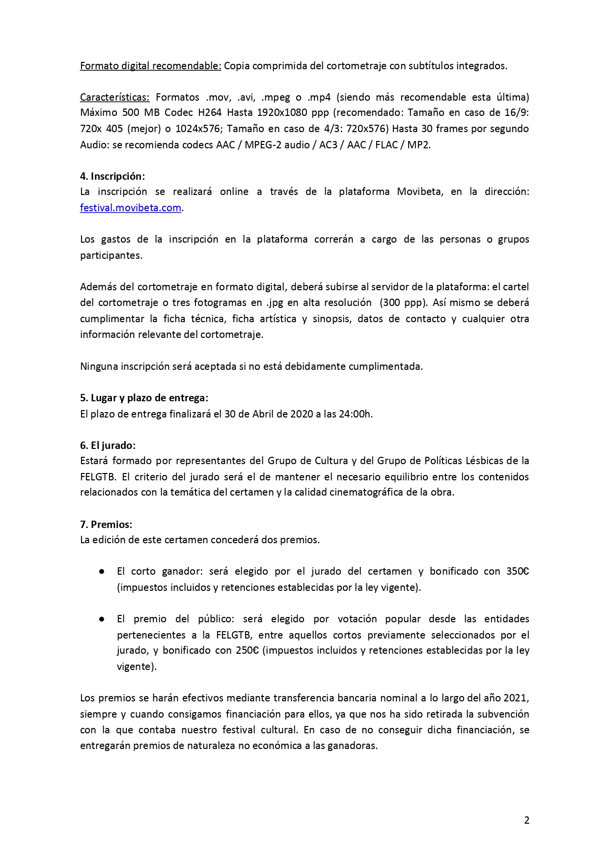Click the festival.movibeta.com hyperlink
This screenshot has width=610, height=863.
pos(131,208)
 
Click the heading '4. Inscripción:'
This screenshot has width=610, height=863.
pos(112,176)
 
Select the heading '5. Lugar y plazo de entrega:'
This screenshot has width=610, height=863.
pos(144,398)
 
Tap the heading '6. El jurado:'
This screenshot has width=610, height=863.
pos(108,445)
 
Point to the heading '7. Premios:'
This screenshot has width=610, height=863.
pos(106,525)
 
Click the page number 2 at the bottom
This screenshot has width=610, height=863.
pos(527,820)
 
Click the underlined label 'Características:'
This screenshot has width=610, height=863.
pos(114,97)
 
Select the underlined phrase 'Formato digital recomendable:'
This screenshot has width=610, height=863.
pos(150,66)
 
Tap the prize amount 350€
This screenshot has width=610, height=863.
pos(517,571)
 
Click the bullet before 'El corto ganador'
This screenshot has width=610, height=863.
pos(102,572)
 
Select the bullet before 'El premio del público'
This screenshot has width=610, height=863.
pos(102,619)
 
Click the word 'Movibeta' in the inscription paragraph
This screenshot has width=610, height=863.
pos(419,192)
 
